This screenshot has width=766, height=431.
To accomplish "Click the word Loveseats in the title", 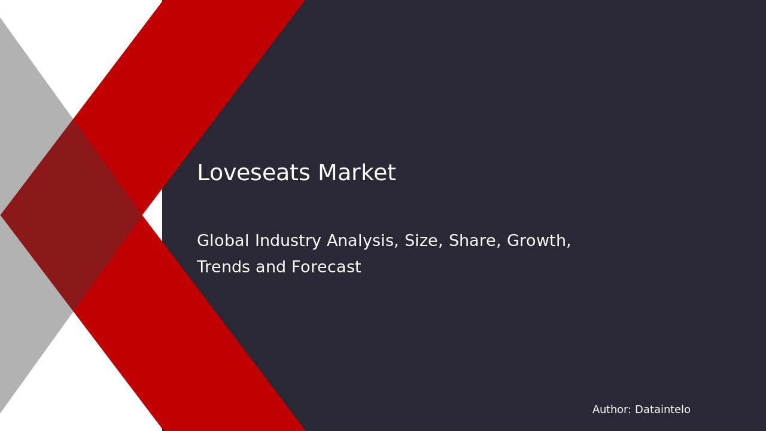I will click(254, 174).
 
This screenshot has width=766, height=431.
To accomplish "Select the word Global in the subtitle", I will click(223, 241).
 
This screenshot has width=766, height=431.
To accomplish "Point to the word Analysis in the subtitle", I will click(361, 241).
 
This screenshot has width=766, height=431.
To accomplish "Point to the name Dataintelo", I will click(662, 410).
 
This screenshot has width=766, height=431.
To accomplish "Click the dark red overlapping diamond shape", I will click(72, 215).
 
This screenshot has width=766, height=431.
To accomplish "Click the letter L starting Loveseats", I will click(202, 174).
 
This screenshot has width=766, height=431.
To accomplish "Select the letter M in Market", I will click(327, 174).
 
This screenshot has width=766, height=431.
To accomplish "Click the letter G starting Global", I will click(203, 241).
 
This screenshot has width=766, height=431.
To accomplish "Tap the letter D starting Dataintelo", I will click(639, 410).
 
